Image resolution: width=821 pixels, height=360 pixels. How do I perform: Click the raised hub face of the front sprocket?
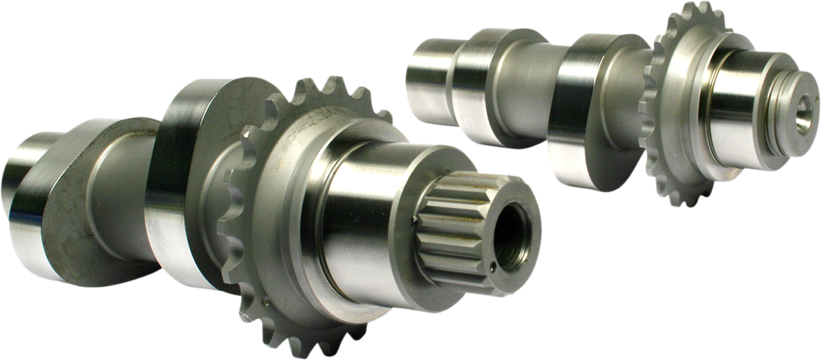[x=287, y=205]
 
